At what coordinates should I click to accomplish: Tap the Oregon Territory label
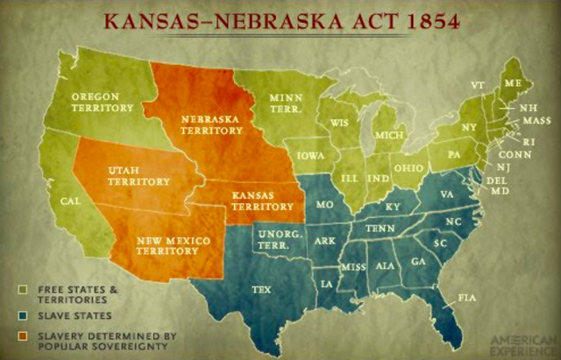(x=102, y=102)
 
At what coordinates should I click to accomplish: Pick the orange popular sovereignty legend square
(x=21, y=334)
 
